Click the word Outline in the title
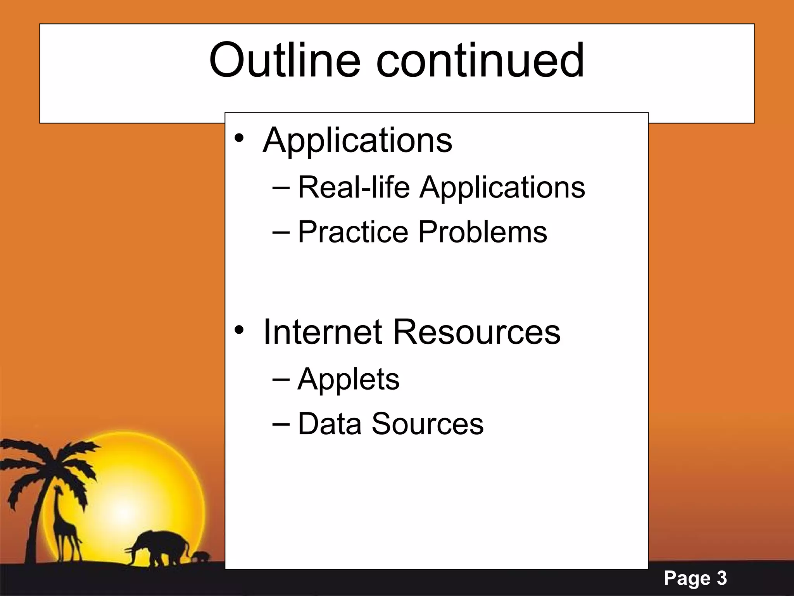pyautogui.click(x=284, y=61)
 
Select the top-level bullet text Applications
pyautogui.click(x=357, y=140)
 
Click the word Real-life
pyautogui.click(x=354, y=187)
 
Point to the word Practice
pyautogui.click(x=353, y=232)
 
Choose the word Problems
pyautogui.click(x=483, y=232)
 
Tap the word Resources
pyautogui.click(x=476, y=332)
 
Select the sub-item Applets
pyautogui.click(x=348, y=379)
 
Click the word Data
pyautogui.click(x=329, y=424)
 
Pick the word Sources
pyautogui.click(x=428, y=424)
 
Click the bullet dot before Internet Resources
pyautogui.click(x=239, y=330)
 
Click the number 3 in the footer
pyautogui.click(x=722, y=579)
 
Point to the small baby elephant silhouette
pyautogui.click(x=202, y=557)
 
